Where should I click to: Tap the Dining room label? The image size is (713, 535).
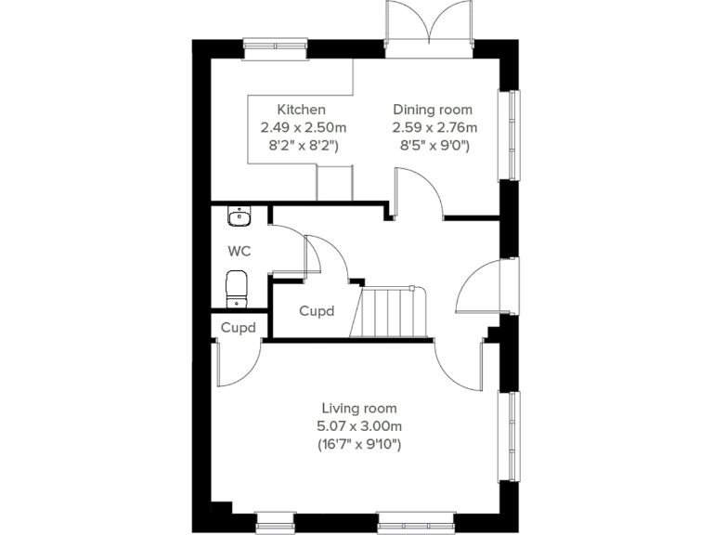point(433,109)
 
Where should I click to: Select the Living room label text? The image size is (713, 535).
point(359,408)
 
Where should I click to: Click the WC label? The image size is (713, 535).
point(240,251)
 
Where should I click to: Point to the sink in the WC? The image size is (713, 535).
point(239,217)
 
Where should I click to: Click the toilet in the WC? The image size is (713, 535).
point(238,287)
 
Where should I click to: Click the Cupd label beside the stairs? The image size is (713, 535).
point(317,312)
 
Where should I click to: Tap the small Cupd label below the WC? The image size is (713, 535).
point(238,328)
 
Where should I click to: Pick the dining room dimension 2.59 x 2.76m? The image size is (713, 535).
point(434,127)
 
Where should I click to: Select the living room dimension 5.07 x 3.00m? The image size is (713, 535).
point(360,426)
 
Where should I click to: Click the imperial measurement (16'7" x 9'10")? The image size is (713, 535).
point(360,445)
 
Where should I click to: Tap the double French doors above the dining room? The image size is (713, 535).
point(430,23)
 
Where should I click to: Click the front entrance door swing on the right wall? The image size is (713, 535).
point(478,285)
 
